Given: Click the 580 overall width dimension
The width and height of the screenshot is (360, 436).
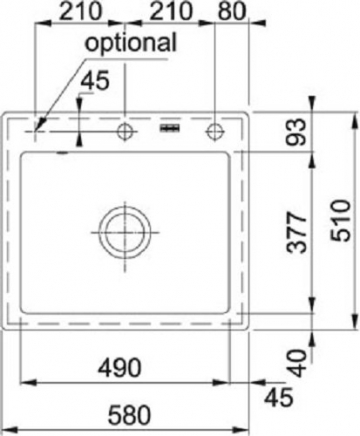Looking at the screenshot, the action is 130,415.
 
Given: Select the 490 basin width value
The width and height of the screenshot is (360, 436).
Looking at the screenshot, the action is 120,368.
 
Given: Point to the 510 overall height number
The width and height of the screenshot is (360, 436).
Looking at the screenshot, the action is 341,220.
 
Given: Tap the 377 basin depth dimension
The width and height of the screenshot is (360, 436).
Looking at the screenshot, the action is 296,232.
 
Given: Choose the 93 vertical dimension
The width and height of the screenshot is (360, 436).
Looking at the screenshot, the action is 296,132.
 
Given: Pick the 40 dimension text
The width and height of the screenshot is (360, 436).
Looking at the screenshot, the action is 296,363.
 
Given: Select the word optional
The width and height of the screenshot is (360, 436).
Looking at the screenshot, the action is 130,43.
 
